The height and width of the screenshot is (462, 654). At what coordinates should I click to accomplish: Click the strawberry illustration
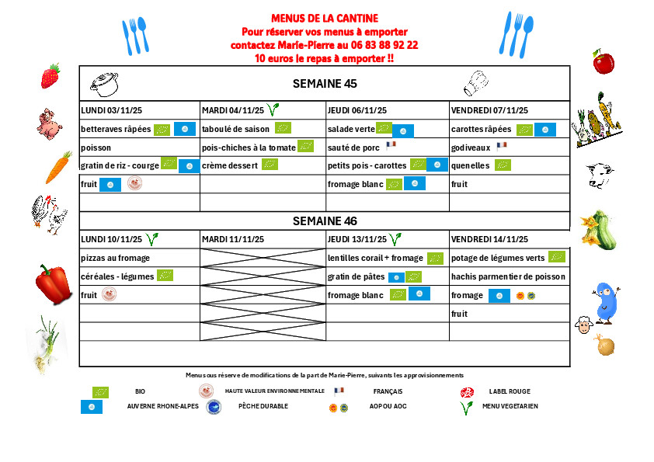pyautogui.click(x=50, y=75)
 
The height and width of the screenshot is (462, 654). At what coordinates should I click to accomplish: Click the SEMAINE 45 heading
pyautogui.click(x=324, y=83)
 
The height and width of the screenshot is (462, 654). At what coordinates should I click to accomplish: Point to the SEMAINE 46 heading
pyautogui.click(x=324, y=221)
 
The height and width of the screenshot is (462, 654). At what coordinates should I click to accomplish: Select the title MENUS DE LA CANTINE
pyautogui.click(x=325, y=19)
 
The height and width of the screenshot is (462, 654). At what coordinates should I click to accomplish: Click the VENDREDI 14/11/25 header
pyautogui.click(x=489, y=239)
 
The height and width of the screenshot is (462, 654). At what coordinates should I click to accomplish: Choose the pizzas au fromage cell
pyautogui.click(x=115, y=258)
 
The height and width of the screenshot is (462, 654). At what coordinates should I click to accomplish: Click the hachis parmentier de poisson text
pyautogui.click(x=508, y=276)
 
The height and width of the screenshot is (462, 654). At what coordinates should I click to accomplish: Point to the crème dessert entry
pyautogui.click(x=230, y=165)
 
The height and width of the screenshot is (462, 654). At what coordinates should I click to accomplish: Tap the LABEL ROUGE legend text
pyautogui.click(x=508, y=391)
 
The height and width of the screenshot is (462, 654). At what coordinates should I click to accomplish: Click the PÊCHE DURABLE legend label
pyautogui.click(x=263, y=406)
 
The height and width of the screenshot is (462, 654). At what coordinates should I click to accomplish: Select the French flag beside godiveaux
pyautogui.click(x=501, y=145)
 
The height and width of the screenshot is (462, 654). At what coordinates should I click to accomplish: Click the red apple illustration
pyautogui.click(x=604, y=61)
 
